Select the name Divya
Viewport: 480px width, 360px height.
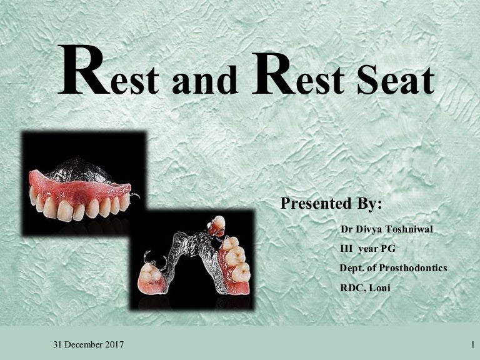[x=367, y=230]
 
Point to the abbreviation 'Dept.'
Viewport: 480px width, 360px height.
[x=351, y=268]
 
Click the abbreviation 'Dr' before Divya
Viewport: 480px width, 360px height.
[x=346, y=230]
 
